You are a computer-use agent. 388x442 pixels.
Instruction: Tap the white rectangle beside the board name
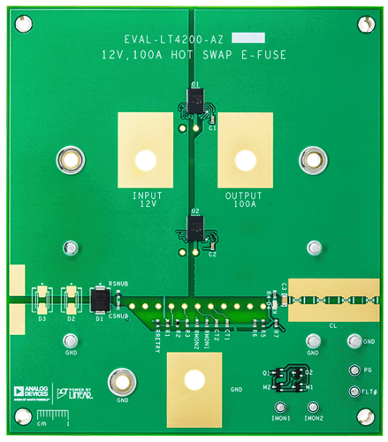pos(247,39)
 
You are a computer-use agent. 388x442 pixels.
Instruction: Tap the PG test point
pos(354,371)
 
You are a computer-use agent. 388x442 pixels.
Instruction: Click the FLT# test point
pos(354,391)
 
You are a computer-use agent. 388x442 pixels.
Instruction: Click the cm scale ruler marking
pos(53,415)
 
